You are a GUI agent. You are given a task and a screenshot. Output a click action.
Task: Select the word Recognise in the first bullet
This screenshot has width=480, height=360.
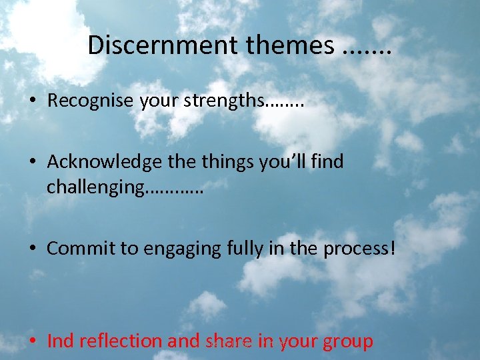(x=91, y=101)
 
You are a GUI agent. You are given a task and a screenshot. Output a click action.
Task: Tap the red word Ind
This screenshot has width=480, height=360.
(x=60, y=341)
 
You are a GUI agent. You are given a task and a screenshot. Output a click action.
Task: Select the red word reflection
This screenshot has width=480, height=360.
(x=121, y=341)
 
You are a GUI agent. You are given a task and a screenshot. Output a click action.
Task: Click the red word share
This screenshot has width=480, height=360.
(x=228, y=341)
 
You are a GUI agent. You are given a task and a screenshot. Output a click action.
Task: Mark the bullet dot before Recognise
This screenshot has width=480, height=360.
(x=32, y=102)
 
